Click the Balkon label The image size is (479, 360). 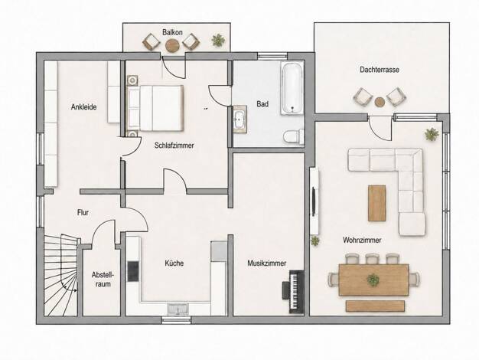tap(172, 32)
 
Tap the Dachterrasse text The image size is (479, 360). tap(379, 70)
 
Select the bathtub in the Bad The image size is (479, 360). tap(292, 88)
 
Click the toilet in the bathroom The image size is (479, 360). tap(293, 136)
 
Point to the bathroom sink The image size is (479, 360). tap(239, 119)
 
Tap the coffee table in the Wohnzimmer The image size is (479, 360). tap(376, 203)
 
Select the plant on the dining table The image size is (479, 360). tap(373, 280)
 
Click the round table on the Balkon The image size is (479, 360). tap(173, 45)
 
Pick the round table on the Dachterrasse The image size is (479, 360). tap(380, 102)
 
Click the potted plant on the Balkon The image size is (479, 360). tap(218, 40)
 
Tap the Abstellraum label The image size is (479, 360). tap(103, 280)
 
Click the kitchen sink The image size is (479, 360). tap(178, 309)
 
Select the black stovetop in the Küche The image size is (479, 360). tap(133, 271)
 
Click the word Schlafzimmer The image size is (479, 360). tap(174, 146)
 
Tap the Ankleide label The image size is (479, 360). tap(83, 106)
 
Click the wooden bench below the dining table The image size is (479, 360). tap(375, 306)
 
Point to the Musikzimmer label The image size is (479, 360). tap(267, 263)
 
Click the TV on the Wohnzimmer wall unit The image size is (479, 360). tap(314, 202)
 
